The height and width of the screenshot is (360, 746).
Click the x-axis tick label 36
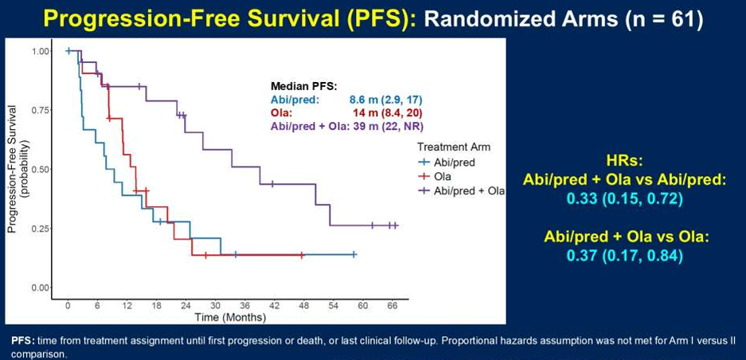244,306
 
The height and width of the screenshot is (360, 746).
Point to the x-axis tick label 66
392,306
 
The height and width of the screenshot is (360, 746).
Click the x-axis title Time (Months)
230,318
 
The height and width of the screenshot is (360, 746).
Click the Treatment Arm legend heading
453,147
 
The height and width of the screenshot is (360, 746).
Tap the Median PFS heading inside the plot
304,86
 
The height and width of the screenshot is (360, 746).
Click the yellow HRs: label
623,159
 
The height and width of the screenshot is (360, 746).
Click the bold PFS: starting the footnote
22,339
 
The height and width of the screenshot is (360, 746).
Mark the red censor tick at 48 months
303,255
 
